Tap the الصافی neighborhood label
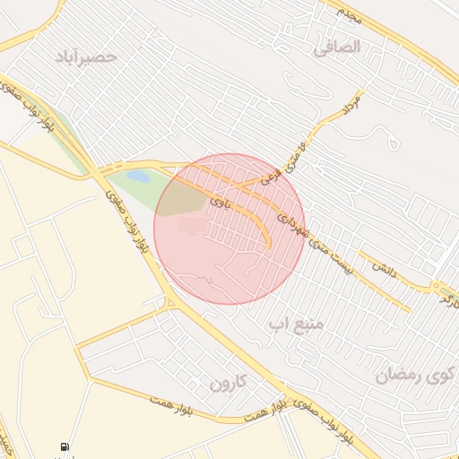(337, 48)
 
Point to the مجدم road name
(347, 12)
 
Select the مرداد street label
(351, 105)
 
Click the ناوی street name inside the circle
(220, 204)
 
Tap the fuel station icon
(65, 446)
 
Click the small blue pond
(138, 177)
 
